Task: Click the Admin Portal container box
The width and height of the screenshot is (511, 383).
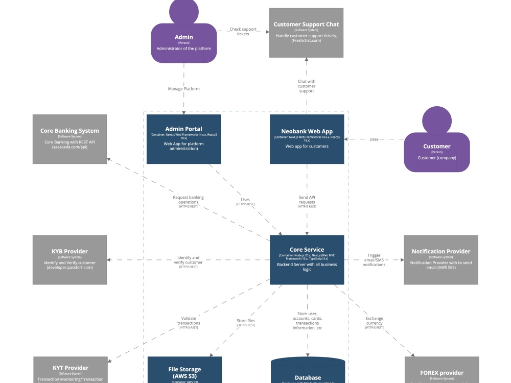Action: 183,139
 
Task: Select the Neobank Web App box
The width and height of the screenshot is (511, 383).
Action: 307,139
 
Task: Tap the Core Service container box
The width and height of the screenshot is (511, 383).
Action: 307,259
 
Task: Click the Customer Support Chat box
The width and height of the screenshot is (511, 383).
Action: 306,33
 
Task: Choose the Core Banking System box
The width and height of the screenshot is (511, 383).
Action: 69,139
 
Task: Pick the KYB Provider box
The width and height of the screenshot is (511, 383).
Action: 69,259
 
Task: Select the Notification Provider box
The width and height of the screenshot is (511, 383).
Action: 440,259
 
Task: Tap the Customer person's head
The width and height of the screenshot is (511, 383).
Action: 437,121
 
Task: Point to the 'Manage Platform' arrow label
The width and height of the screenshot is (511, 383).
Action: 183,89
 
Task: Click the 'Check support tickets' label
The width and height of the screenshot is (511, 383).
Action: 243,32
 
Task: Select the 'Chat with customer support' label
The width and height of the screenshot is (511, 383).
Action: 307,86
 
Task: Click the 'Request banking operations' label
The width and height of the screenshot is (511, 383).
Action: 189,200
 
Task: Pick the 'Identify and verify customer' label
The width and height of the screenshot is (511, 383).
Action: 188,260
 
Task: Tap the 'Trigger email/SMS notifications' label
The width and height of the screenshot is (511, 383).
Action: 374,260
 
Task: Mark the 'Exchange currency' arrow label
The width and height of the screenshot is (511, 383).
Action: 374,321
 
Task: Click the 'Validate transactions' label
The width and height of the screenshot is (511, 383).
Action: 189,321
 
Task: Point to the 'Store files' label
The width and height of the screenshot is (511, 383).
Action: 246,321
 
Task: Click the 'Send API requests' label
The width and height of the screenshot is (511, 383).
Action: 307,200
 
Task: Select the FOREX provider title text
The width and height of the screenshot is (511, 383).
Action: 442,373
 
